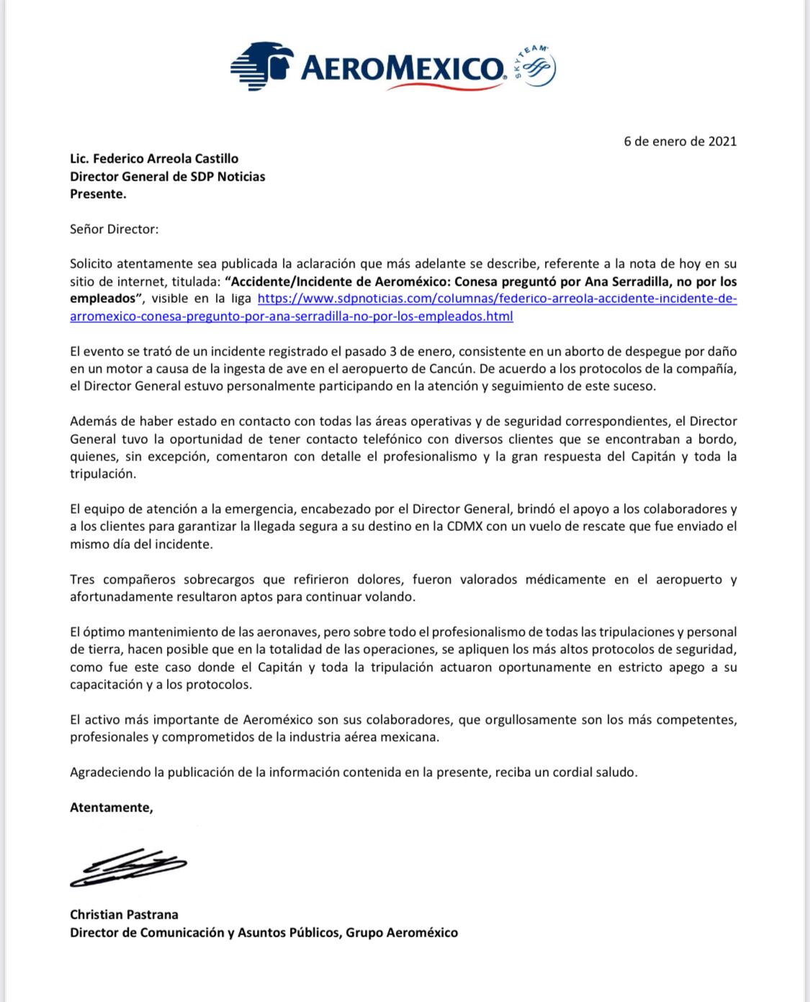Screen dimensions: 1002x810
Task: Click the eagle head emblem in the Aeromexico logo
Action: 261,65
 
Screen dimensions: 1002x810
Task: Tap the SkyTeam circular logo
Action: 533,66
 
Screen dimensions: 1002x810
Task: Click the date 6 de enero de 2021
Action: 680,141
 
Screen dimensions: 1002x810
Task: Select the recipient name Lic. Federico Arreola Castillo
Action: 153,158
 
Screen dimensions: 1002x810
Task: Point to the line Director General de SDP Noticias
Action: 167,176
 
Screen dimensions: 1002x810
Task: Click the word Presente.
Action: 98,193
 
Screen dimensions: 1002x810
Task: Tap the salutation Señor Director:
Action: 114,229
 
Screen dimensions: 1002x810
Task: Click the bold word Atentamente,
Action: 112,807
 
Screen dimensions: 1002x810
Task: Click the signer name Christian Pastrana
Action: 124,915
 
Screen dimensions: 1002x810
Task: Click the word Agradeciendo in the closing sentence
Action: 109,773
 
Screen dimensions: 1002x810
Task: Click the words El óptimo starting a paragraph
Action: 98,632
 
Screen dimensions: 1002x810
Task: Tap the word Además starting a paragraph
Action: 91,422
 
